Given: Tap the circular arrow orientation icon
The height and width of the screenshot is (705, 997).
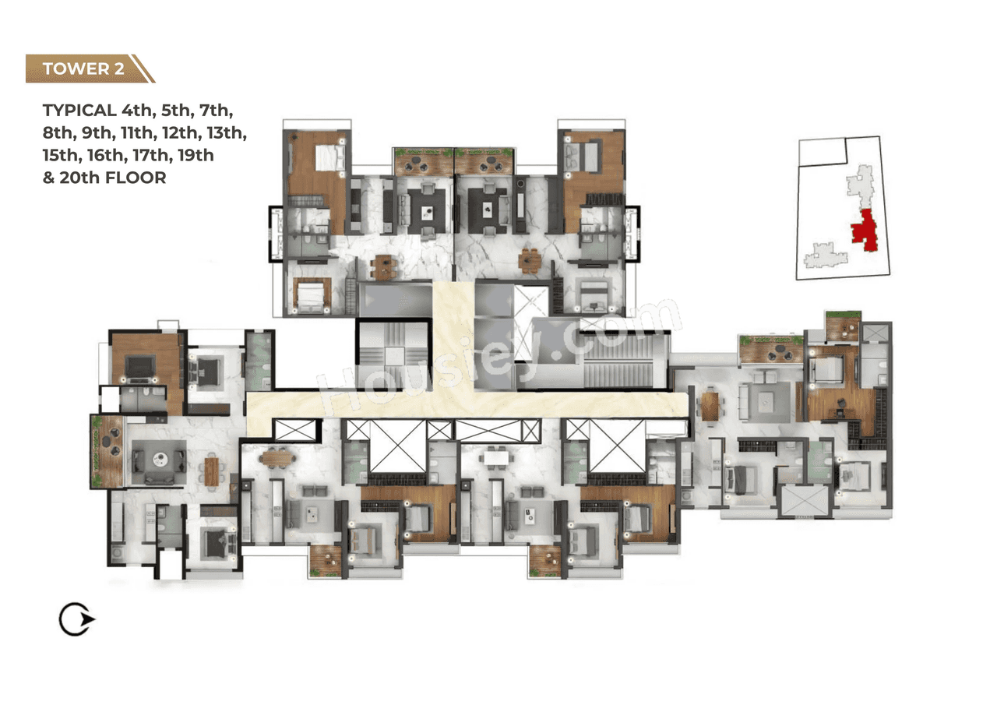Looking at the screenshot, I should click(x=76, y=620).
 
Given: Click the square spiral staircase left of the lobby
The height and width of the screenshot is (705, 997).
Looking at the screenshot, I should click(x=393, y=354).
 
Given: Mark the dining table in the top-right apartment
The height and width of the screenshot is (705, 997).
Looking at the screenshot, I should click(x=530, y=261).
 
